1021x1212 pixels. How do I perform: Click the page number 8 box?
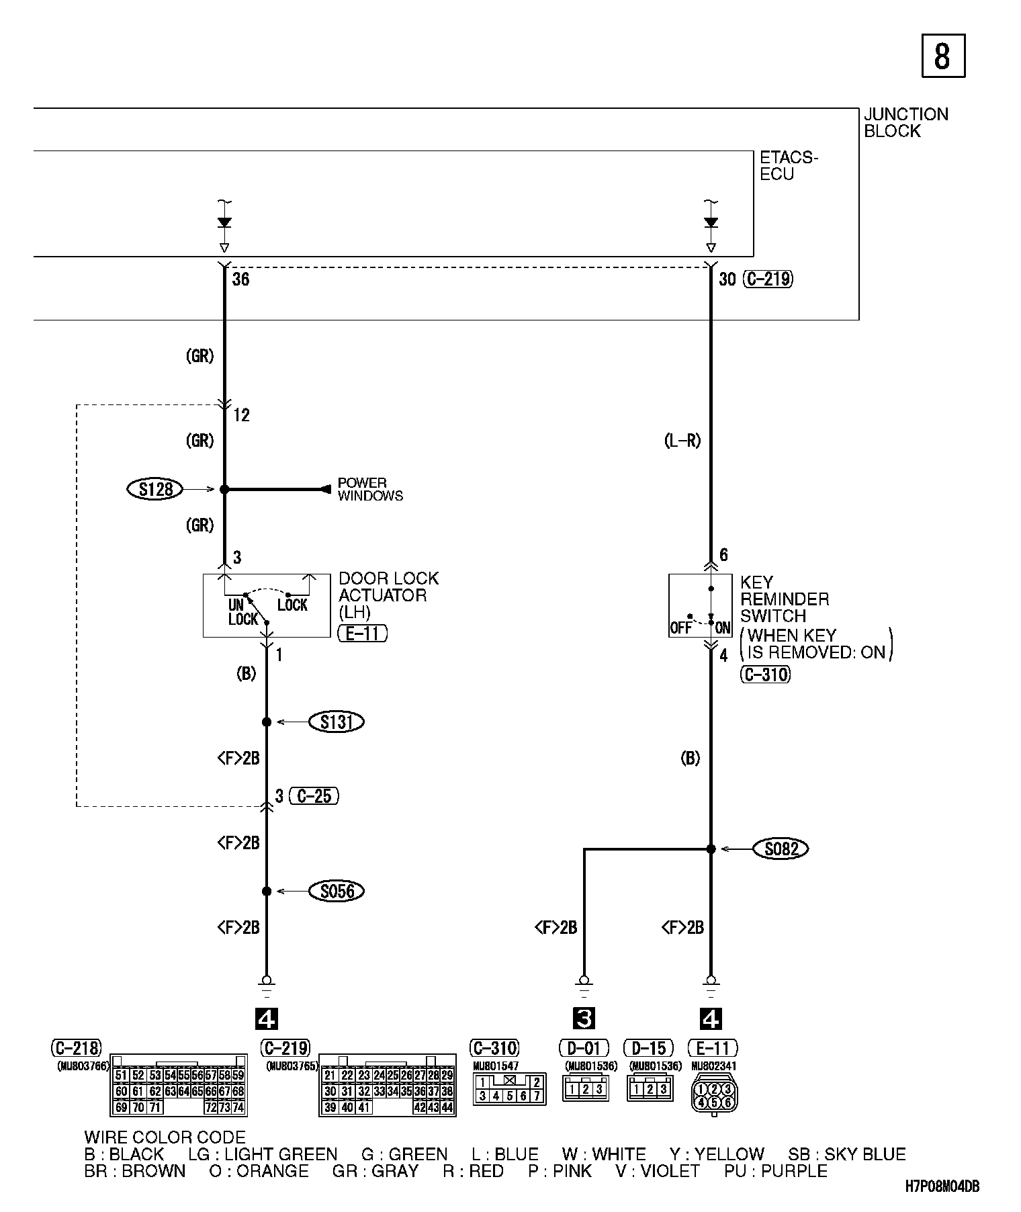point(942,56)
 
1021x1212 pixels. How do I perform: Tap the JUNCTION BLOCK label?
point(905,122)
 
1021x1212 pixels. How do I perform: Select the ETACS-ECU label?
point(788,165)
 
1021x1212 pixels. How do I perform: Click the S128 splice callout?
point(154,489)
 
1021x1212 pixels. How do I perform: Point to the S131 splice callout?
point(336,722)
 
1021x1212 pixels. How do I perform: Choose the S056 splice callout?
point(336,892)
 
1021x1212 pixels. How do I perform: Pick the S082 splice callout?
point(781,849)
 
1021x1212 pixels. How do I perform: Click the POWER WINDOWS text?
point(369,489)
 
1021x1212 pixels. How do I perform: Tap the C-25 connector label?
point(314,797)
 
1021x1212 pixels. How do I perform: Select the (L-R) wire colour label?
point(682,441)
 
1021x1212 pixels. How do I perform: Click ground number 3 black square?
point(584,1019)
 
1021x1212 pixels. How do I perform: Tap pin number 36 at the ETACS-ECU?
point(240,279)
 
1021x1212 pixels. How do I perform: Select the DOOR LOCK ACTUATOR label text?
point(388,595)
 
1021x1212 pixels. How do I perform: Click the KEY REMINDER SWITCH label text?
point(784,599)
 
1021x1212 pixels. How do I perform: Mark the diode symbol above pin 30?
point(711,223)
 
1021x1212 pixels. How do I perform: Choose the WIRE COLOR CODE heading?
point(165,1137)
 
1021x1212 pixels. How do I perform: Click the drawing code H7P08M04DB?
point(941,1186)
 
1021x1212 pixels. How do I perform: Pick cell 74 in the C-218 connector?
point(238,1107)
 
